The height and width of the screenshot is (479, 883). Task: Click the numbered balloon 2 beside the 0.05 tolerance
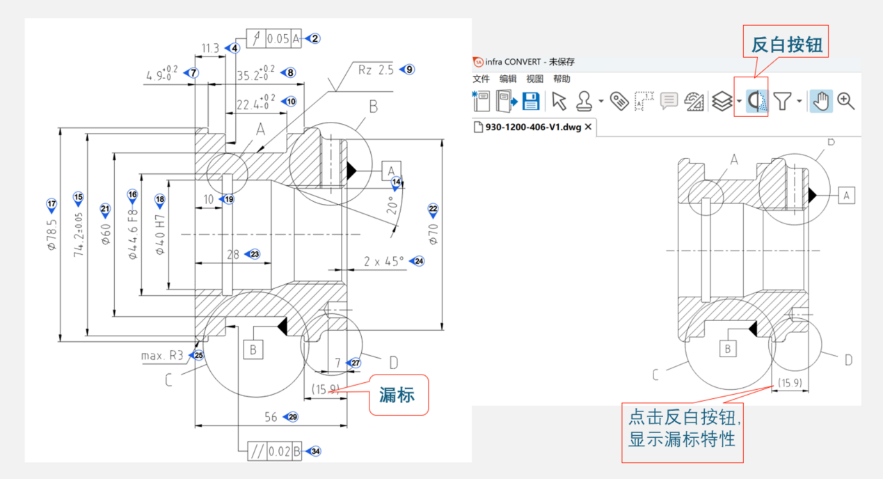pos(315,39)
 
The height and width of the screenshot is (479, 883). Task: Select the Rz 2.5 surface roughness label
pos(376,70)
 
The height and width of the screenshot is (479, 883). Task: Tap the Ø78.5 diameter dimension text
pos(51,235)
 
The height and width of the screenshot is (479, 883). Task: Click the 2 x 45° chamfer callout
pos(383,262)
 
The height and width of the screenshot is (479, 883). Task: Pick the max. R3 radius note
pos(163,356)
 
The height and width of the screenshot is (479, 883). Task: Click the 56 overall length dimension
pos(270,417)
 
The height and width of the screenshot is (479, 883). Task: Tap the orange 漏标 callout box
pos(397,395)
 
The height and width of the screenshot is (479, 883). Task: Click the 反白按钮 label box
pos(787,46)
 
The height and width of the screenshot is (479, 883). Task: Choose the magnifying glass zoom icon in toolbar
pos(846,102)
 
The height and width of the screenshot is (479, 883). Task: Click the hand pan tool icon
pos(822,102)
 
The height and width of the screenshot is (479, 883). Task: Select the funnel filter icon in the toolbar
pos(783,102)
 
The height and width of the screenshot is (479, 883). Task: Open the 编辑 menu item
pos(508,79)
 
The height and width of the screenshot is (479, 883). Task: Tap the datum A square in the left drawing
pos(391,170)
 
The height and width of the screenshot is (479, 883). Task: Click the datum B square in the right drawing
pos(728,349)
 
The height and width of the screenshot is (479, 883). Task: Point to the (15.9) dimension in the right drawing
pos(790,382)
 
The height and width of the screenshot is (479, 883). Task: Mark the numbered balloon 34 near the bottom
pos(315,451)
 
